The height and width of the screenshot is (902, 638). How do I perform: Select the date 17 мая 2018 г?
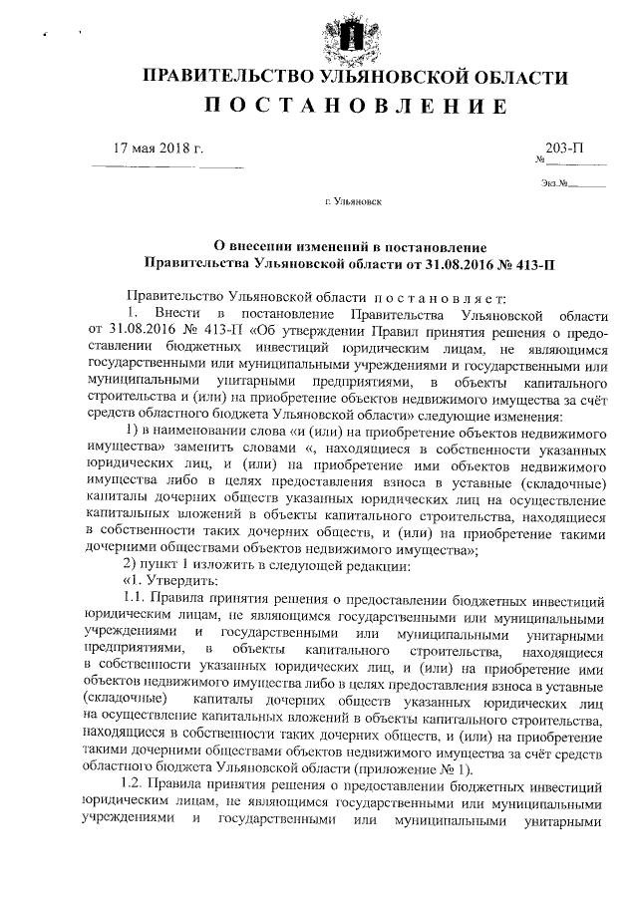[x=159, y=148]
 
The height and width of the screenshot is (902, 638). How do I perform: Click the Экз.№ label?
[x=555, y=182]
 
